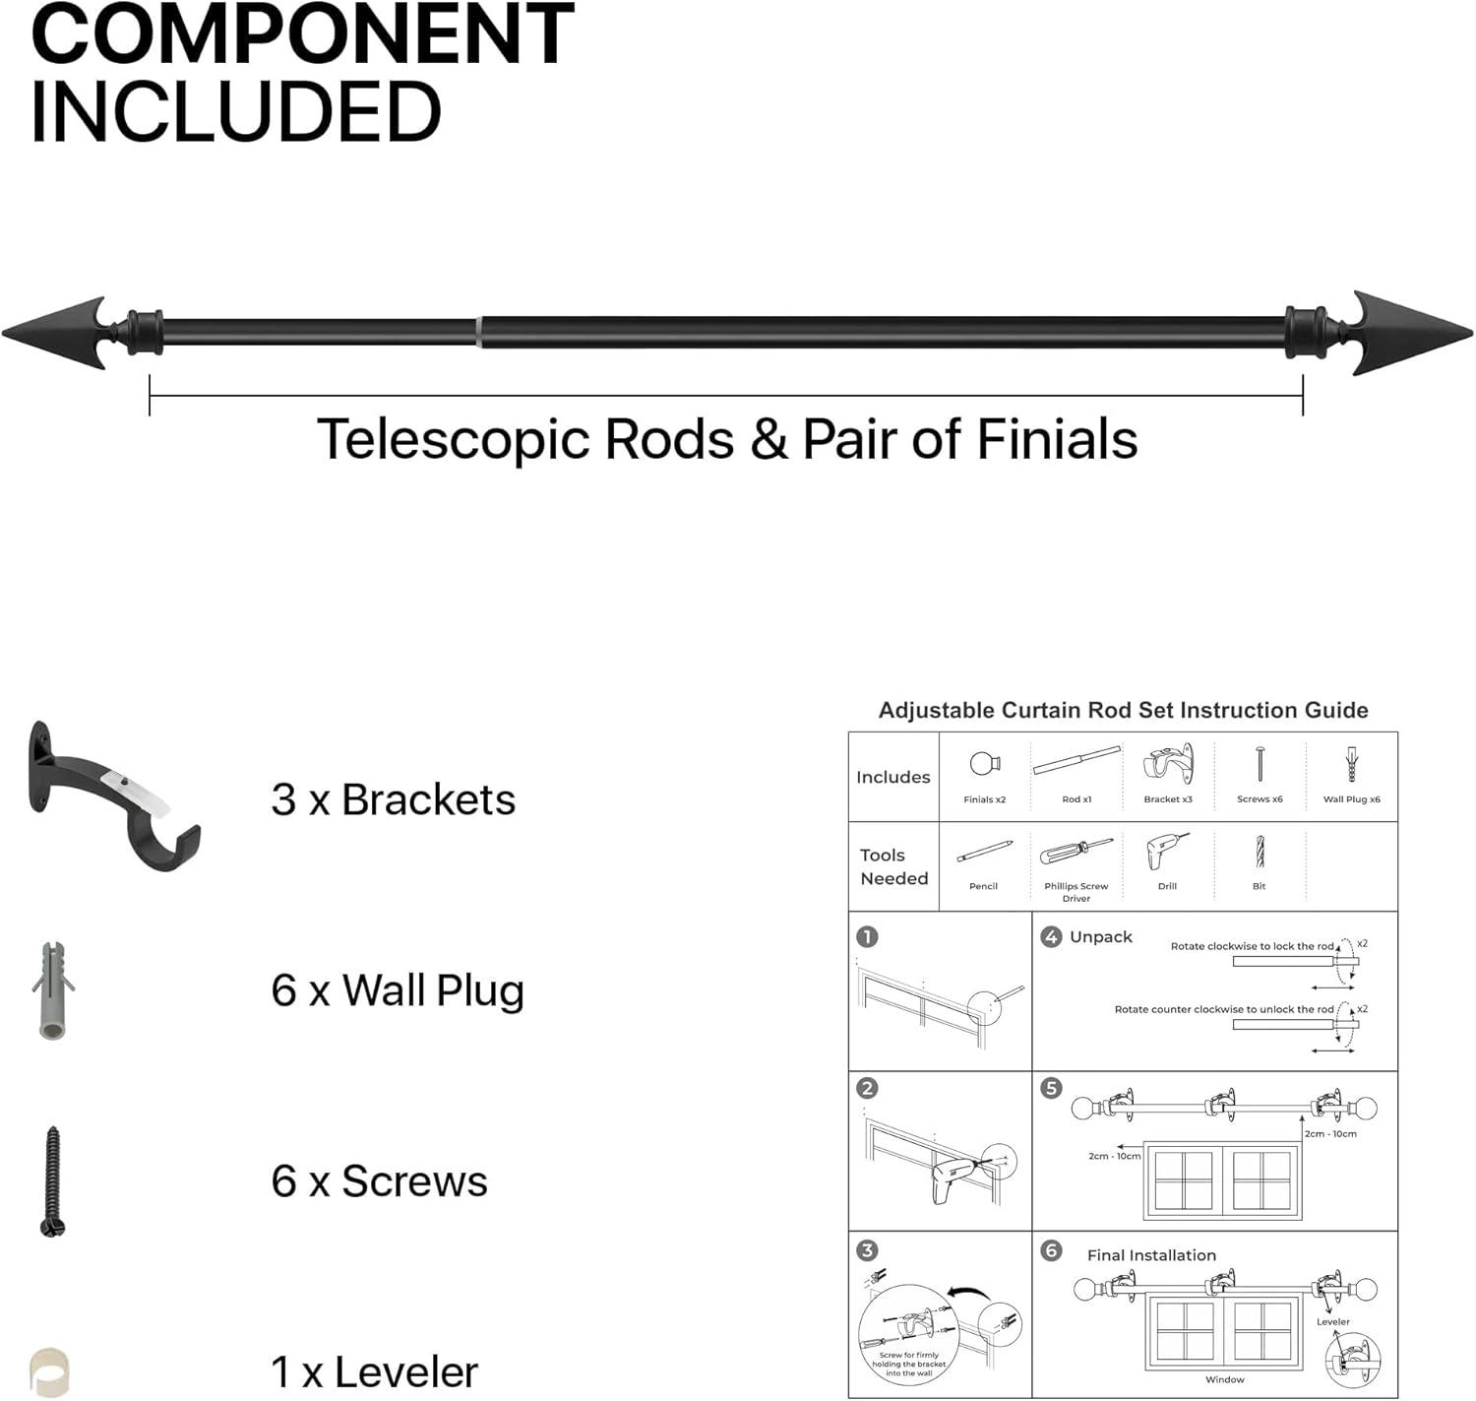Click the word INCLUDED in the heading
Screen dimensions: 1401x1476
pos(236,110)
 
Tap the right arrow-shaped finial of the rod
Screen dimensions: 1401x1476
pos(1410,333)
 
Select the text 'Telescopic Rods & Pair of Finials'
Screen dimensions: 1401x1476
pos(726,439)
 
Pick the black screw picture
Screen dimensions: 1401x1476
pos(53,1181)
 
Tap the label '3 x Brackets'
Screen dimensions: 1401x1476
pos(393,799)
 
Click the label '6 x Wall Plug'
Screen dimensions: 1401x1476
pos(397,990)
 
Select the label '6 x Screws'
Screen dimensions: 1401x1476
pos(379,1181)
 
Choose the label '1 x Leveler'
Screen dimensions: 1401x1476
pos(374,1371)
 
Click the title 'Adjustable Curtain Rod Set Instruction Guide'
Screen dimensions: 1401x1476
pos(1123,710)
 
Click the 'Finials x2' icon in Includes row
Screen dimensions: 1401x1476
pos(984,766)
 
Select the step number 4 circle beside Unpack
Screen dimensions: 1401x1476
pos(1050,936)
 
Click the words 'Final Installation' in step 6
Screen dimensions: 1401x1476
pos(1151,1255)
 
